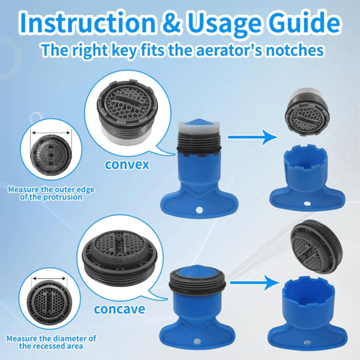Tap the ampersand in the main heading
tap(172, 23)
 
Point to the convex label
tap(127, 164)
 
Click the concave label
tap(119, 309)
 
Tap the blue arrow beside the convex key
tap(253, 137)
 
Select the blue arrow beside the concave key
tap(255, 283)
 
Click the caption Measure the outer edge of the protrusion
tap(51, 193)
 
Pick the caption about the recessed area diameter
tap(51, 342)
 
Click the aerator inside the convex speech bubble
tap(128, 112)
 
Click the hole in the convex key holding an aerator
tap(199, 209)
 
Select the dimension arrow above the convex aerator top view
tap(51, 133)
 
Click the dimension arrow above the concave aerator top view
tap(49, 279)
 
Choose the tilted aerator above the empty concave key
tap(316, 247)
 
